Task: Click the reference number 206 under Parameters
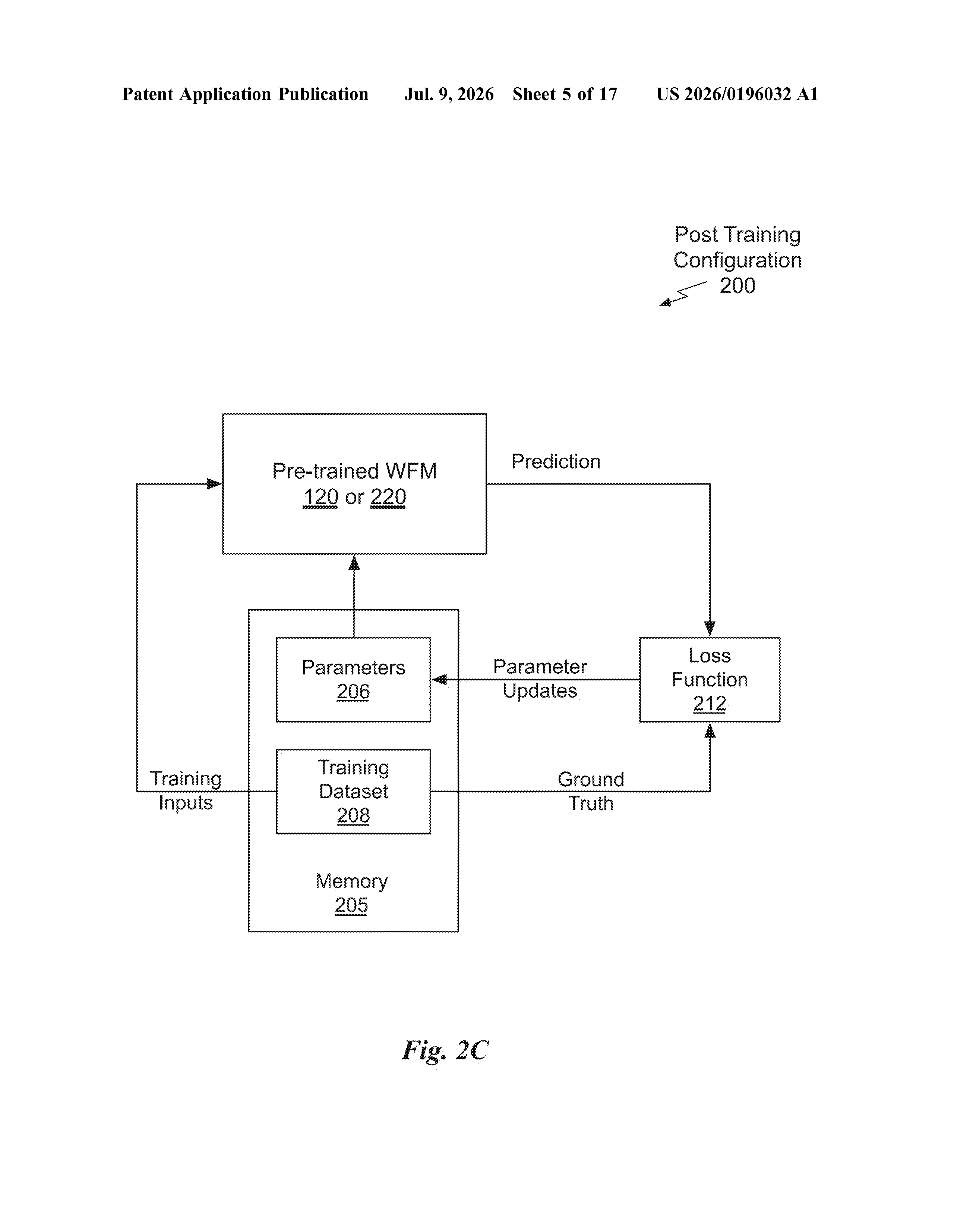(x=353, y=692)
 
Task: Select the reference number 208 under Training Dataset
(x=353, y=815)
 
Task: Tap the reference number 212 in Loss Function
(x=710, y=704)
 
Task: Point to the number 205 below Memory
(x=351, y=905)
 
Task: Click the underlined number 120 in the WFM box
(x=320, y=497)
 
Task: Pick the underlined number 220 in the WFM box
(x=388, y=497)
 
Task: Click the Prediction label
(x=556, y=462)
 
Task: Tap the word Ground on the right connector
(x=591, y=780)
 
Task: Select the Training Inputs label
(x=186, y=791)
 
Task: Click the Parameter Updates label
(x=540, y=679)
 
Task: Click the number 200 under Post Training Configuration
(x=737, y=286)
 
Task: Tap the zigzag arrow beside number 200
(x=683, y=294)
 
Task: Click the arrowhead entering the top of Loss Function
(x=710, y=629)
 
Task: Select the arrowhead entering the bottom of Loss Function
(x=710, y=730)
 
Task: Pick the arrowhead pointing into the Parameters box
(x=439, y=680)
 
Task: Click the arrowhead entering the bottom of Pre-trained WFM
(x=354, y=563)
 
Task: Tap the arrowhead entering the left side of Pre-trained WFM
(x=214, y=483)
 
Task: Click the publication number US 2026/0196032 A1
(x=737, y=94)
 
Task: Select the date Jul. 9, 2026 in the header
(x=449, y=94)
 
